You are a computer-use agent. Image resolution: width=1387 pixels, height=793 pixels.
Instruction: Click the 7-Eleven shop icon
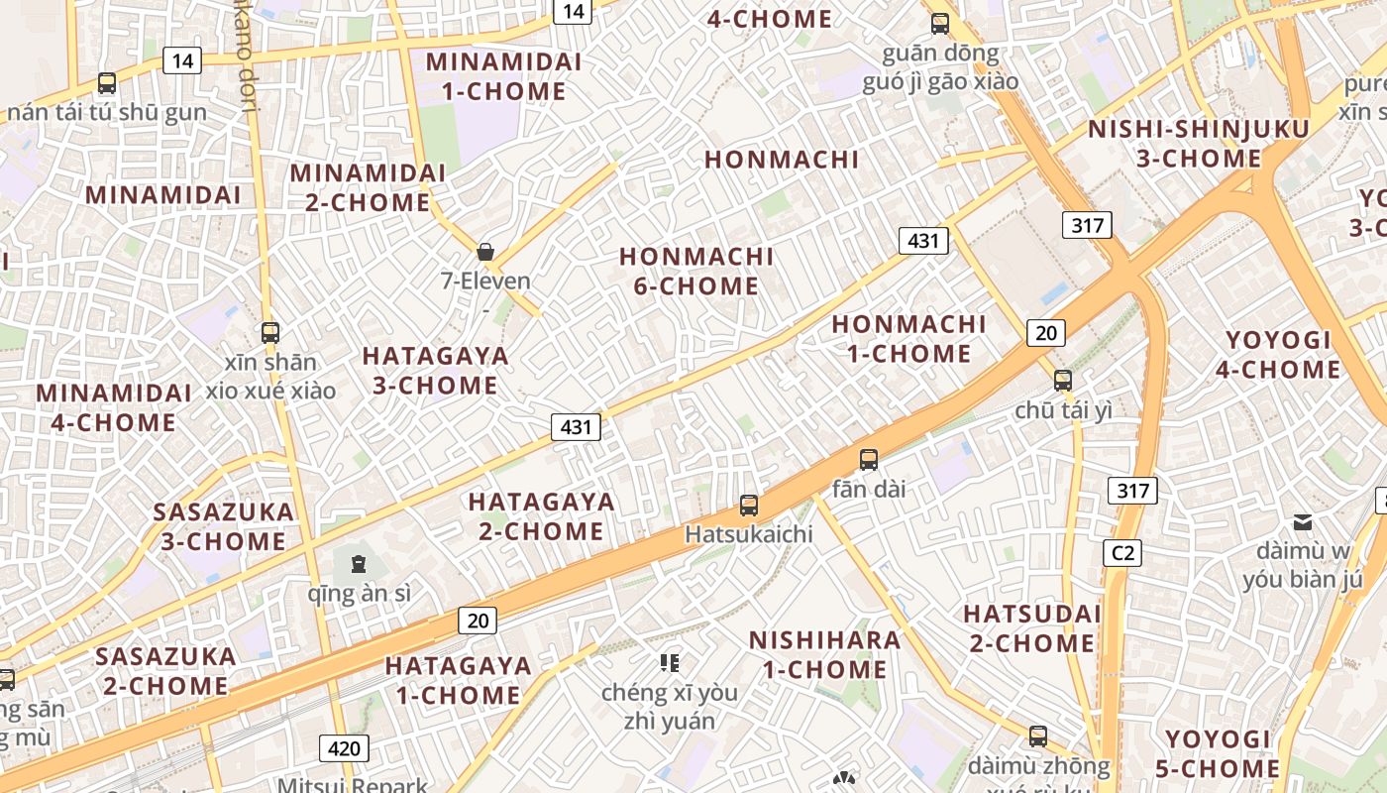tap(485, 252)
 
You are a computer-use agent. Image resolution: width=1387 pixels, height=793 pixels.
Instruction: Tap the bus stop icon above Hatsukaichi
tap(749, 506)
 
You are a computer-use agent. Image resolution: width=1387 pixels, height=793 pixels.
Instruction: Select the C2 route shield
tap(1122, 553)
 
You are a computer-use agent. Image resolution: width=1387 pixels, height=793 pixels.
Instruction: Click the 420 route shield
tap(344, 747)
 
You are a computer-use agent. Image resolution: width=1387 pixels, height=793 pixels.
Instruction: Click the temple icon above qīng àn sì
tap(358, 565)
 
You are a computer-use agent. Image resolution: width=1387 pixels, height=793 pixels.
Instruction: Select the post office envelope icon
tap(1302, 521)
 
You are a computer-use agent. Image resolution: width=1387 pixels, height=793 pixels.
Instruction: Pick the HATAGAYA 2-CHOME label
tap(541, 516)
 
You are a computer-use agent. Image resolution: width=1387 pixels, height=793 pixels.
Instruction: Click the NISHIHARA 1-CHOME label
tap(824, 654)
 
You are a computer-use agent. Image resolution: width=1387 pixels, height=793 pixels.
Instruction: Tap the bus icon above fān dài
tap(869, 459)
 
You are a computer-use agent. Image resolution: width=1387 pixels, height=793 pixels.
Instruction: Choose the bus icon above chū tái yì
tap(1063, 380)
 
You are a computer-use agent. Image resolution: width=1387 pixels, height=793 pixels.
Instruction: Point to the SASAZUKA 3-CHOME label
tap(223, 526)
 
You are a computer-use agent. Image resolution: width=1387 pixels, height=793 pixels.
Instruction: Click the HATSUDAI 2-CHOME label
tap(1031, 628)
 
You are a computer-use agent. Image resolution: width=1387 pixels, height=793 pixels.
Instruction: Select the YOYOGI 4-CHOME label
tap(1278, 355)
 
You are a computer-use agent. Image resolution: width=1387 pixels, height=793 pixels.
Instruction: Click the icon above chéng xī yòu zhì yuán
tap(670, 662)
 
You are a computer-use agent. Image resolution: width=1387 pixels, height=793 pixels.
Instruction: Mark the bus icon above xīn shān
tap(269, 332)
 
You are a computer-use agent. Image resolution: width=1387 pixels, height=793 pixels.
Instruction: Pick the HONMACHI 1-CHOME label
tap(908, 339)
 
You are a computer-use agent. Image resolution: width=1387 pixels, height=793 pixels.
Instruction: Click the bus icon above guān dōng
tap(939, 24)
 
